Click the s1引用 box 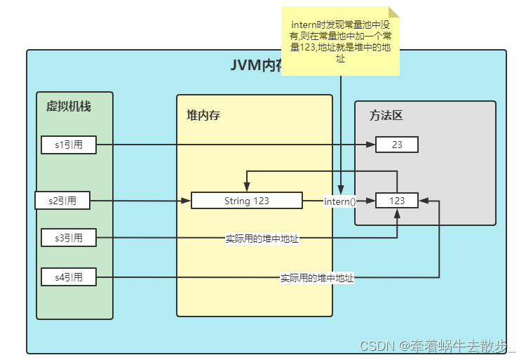68,145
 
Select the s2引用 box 64,201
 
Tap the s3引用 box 68,238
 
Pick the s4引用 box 68,277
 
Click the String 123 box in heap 247,201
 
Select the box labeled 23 397,145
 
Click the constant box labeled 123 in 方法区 397,201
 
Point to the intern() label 339,201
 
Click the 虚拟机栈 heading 69,107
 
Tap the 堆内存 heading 203,115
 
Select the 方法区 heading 386,115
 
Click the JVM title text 256,65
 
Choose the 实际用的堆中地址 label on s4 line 317,278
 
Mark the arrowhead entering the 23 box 371,145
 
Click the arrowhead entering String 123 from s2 187,201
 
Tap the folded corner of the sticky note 393,11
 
